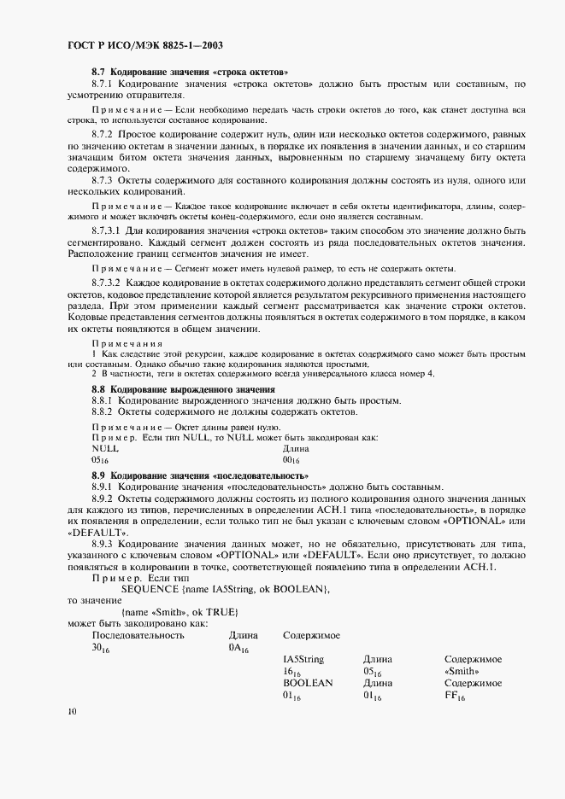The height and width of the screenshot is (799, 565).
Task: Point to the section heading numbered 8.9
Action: click(200, 475)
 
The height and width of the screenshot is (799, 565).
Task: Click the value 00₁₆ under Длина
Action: click(291, 460)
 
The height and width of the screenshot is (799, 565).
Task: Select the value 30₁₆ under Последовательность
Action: click(100, 649)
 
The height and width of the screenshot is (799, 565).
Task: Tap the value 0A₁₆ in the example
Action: click(238, 649)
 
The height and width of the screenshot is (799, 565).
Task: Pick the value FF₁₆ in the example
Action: click(455, 697)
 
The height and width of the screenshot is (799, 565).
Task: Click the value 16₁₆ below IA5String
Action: click(291, 673)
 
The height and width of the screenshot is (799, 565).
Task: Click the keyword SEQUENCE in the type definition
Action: click(150, 589)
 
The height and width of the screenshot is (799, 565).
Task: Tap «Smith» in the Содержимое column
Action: click(462, 673)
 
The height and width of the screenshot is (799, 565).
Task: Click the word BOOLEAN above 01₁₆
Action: click(308, 685)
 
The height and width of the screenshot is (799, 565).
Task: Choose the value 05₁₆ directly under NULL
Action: click(99, 460)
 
